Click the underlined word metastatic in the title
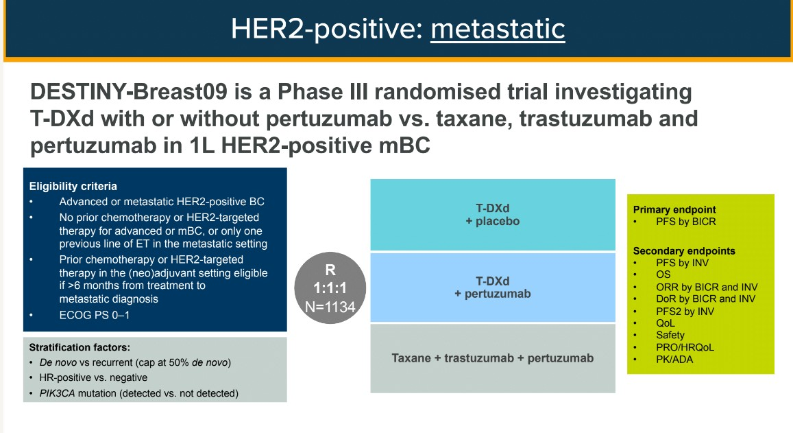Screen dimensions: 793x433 (498, 29)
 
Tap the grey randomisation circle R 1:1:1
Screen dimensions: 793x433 (330, 288)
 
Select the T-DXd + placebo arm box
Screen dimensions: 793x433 (493, 215)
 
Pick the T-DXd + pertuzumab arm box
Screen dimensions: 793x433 (493, 287)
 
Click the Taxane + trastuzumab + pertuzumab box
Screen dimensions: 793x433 (493, 358)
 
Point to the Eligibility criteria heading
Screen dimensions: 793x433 (73, 187)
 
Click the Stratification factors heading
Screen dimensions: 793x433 (80, 347)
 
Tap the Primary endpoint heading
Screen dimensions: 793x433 (674, 210)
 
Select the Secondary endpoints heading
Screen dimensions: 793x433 (684, 250)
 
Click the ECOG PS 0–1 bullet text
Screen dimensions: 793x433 (94, 315)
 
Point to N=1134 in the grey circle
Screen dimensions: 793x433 (330, 307)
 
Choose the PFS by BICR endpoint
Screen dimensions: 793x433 (686, 222)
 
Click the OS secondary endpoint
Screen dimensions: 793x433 (663, 274)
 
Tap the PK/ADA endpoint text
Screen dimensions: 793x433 (674, 360)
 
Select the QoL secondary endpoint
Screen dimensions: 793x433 (665, 323)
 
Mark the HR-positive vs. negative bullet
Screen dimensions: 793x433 (94, 378)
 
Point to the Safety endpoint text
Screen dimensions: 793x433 (670, 336)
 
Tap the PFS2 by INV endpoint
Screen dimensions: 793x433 (685, 312)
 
